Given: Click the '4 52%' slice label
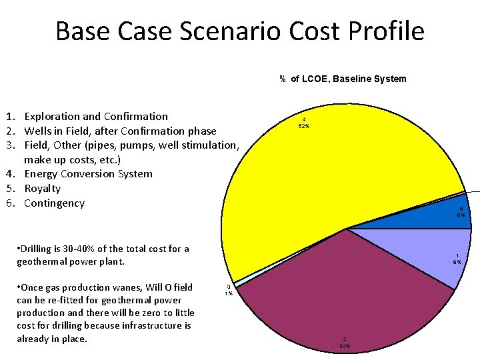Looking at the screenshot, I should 303,123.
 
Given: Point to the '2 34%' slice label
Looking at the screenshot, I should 345,343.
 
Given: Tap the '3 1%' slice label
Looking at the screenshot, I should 229,290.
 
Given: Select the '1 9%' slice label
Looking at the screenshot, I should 457,259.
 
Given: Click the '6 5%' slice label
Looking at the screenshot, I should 461,212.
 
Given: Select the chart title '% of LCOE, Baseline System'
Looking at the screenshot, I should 343,79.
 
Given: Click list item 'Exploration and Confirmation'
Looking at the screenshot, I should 96,117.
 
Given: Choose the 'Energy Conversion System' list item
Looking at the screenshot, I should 88,174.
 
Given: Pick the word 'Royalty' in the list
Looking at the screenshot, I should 42,189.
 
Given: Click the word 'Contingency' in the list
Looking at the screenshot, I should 54,203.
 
